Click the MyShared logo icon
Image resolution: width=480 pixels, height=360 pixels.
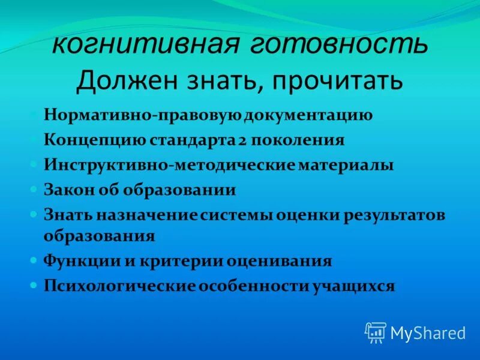pos(376,332)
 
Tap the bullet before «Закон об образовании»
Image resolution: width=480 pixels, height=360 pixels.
pos(34,189)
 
